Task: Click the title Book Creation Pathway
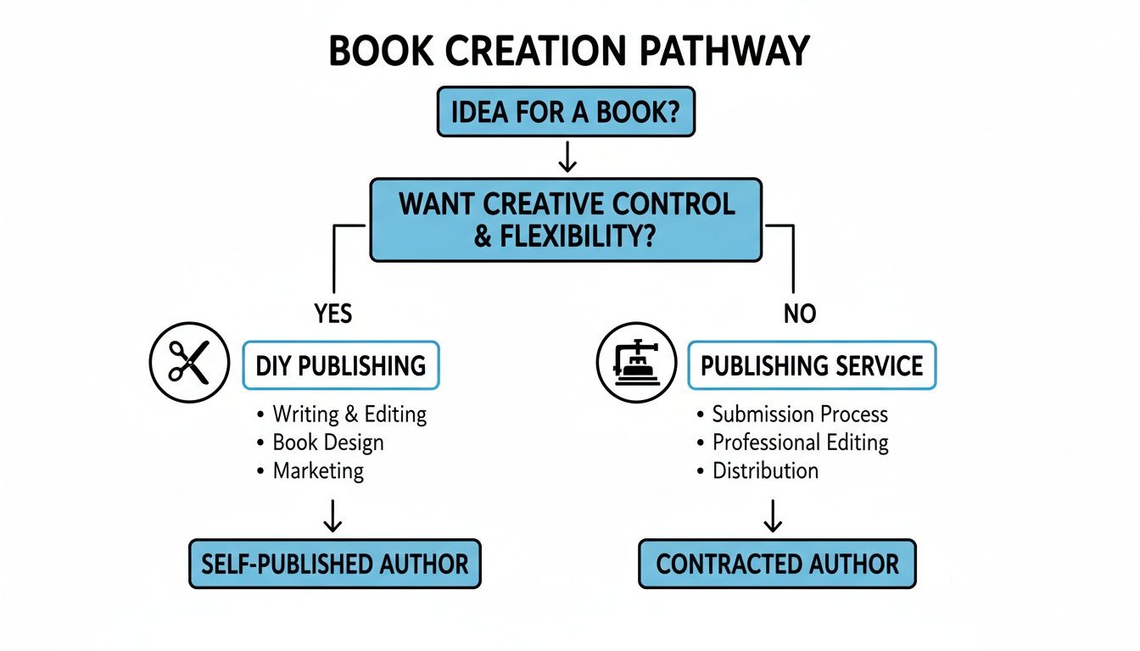[568, 53]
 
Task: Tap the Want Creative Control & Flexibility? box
[567, 220]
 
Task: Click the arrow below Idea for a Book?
[567, 156]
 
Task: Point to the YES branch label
[332, 314]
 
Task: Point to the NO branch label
[799, 314]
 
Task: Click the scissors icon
[189, 362]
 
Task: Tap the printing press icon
[636, 362]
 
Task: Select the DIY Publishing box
[341, 365]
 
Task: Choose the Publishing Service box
[812, 365]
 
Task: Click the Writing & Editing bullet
[349, 415]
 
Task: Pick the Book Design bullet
[327, 442]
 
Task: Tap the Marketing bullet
[317, 470]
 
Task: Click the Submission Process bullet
[799, 415]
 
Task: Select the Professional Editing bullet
[800, 442]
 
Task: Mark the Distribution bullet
[765, 470]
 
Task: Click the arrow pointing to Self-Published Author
[333, 516]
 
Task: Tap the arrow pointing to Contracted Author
[773, 516]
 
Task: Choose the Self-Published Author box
[334, 564]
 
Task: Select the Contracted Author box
[777, 564]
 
